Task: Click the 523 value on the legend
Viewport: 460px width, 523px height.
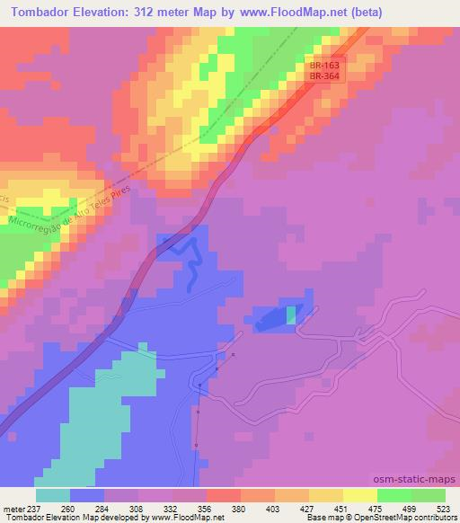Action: pos(445,508)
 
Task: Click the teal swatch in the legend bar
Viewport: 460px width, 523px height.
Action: pos(53,495)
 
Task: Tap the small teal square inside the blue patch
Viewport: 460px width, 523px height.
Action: pos(291,315)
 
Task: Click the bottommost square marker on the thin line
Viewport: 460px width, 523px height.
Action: pos(195,445)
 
